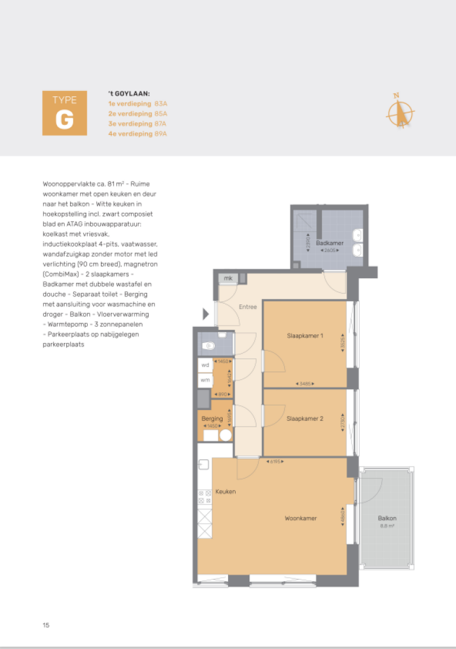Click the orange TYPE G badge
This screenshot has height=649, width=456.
pos(64,113)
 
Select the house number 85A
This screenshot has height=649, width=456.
pos(160,113)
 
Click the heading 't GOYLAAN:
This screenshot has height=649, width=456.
pos(128,93)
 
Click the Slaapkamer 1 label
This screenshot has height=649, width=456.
pos(305,336)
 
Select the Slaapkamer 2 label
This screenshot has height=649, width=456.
pos(305,418)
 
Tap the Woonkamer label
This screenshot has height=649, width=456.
pos(300,518)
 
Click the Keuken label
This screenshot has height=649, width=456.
pos(226,492)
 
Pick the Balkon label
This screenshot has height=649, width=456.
pos(387,518)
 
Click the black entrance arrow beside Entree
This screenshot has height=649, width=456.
pos(206,313)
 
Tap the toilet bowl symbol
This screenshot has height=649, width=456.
pos(208,345)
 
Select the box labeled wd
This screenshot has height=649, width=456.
pos(205,365)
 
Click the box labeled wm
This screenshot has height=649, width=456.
pos(205,380)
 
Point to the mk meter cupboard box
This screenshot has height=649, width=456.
pos(227,278)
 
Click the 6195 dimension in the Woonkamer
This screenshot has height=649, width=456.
pos(274,462)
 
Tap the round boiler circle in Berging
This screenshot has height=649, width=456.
pos(226,435)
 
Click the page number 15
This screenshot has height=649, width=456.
pos(46,625)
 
